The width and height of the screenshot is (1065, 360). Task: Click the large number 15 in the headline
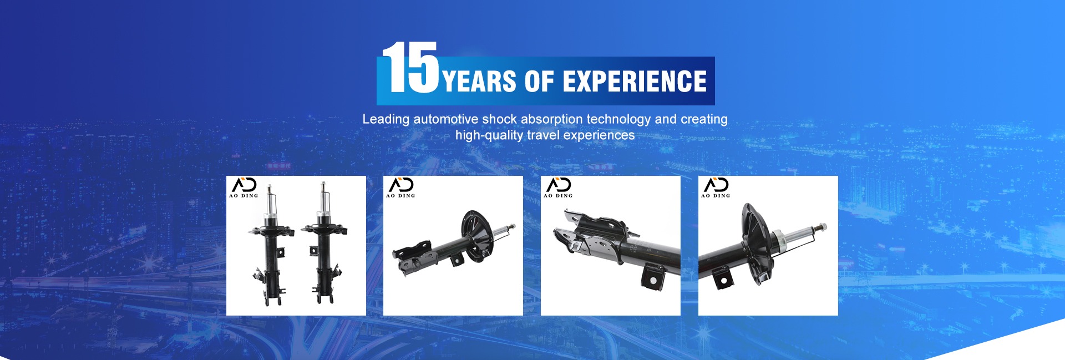click(x=410, y=67)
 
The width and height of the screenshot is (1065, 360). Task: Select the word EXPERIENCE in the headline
click(x=635, y=81)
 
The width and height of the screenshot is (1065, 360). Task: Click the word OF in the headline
click(x=539, y=81)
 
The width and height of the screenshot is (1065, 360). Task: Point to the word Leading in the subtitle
click(x=386, y=119)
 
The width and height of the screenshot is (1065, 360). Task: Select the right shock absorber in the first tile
click(x=323, y=244)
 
